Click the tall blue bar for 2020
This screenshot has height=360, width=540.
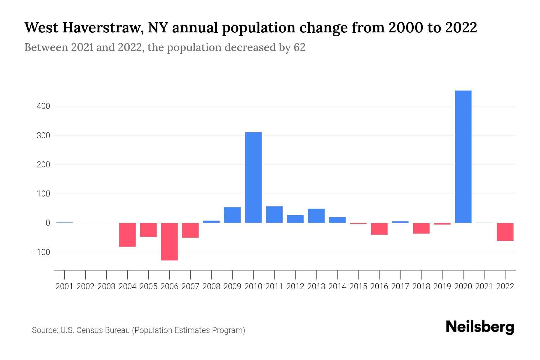pos(463,157)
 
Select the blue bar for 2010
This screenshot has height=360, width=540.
pos(253,177)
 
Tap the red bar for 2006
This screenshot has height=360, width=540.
pos(169,241)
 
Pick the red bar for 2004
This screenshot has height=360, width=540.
pos(127,235)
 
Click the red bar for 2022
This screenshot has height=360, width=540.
pos(505,232)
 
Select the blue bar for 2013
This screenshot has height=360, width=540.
pos(316,216)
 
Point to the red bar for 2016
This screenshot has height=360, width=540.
pos(379,229)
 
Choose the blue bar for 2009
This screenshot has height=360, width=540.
pos(232,215)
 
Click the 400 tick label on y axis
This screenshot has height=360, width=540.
pos(44,106)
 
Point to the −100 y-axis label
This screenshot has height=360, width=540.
pos(41,252)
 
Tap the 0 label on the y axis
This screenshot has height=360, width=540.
pos(47,223)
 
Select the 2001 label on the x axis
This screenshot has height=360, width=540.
pos(64,286)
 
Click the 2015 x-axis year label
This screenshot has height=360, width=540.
pos(358,286)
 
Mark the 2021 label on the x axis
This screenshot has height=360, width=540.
pos(484,286)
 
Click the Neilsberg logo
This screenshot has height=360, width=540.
pos(480,327)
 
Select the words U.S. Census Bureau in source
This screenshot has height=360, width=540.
pos(95,330)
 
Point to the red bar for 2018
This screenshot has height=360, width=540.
pos(421,228)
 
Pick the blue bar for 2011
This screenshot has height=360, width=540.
pos(274,214)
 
